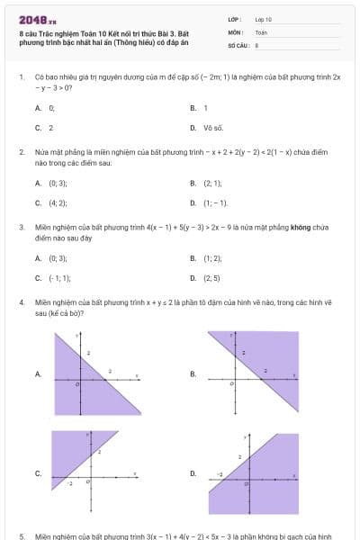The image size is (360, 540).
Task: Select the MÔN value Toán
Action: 262,31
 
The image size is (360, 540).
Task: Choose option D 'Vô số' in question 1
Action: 212,128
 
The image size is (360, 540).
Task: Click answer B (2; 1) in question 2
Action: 212,183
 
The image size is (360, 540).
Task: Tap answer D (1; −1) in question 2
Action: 215,203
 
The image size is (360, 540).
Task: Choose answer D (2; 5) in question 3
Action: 212,278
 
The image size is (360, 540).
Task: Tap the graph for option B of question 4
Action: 251,372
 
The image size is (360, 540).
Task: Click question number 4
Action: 21,303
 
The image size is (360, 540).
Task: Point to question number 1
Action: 21,77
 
